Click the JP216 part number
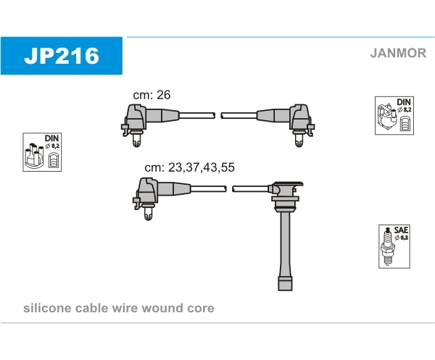tap(62, 56)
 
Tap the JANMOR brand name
tap(398, 53)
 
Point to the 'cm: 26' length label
tap(152, 95)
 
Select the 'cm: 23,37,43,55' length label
tap(189, 167)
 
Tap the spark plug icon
tap(387, 246)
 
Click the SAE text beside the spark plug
tap(401, 230)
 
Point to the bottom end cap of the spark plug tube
tap(285, 283)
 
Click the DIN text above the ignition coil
tap(404, 102)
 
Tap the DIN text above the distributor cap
tap(51, 138)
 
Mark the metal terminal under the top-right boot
tap(299, 139)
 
